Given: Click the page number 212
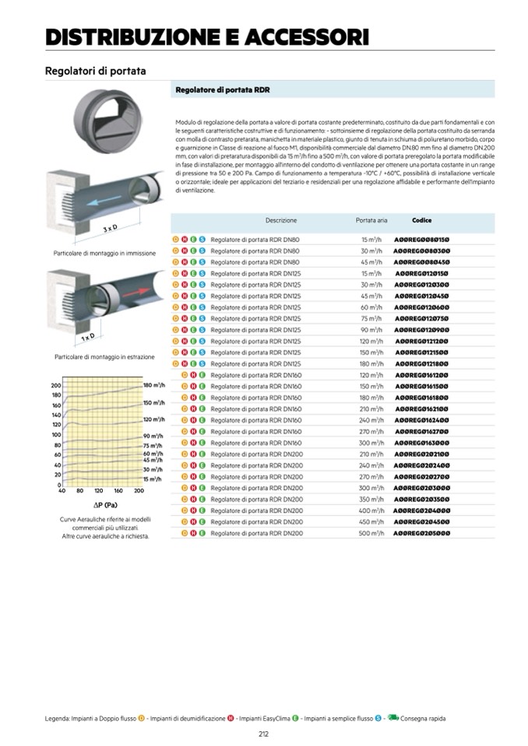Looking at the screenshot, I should (x=264, y=734).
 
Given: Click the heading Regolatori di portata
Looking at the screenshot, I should (x=96, y=72).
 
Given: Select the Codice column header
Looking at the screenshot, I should (x=421, y=220).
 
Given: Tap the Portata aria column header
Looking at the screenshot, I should (x=371, y=221).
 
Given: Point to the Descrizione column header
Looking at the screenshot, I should (x=280, y=221).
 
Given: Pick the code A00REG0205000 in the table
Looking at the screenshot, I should (x=421, y=534).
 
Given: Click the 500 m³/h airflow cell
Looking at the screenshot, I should (x=371, y=534).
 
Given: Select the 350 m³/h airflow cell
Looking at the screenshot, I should (x=371, y=499).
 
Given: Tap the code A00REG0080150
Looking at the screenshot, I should (x=421, y=240).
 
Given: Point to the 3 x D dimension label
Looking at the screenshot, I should (x=110, y=229).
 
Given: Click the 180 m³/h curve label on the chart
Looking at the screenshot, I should (x=153, y=385).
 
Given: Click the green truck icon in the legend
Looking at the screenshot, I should (x=393, y=718).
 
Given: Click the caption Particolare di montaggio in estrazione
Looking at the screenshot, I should (x=104, y=357).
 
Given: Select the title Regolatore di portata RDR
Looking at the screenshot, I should (x=223, y=90).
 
